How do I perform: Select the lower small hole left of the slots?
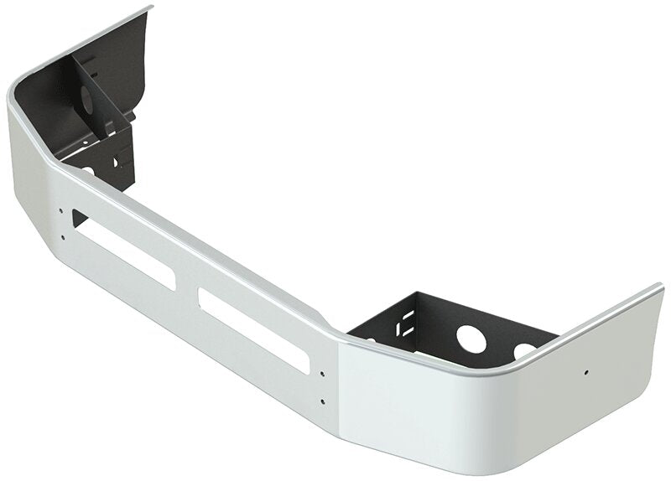pyautogui.click(x=63, y=237)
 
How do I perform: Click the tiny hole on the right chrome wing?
pyautogui.click(x=586, y=371)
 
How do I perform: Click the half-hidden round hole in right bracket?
pyautogui.click(x=524, y=350)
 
